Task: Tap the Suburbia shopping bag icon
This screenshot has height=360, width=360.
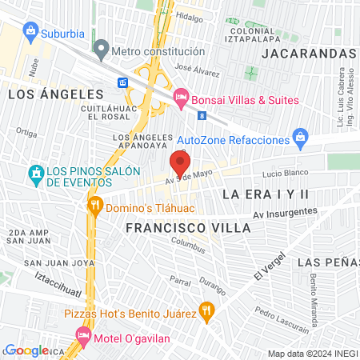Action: [30, 31]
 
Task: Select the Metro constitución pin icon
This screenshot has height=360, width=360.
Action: [101, 50]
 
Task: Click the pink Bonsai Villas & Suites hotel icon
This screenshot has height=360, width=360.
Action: [181, 99]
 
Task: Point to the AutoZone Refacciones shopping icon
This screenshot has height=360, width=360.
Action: [301, 139]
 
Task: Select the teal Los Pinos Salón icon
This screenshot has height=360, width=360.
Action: [35, 173]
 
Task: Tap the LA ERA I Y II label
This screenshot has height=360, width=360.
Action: [266, 194]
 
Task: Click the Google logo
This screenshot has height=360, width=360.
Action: [26, 350]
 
